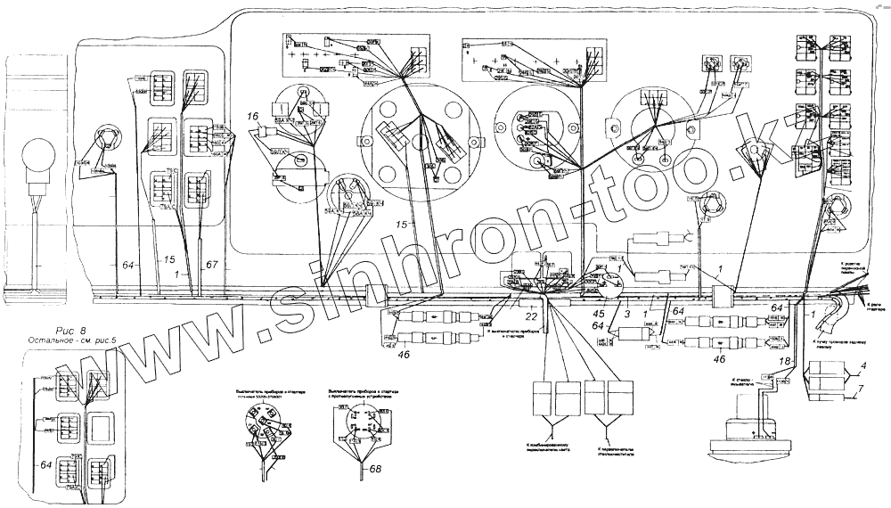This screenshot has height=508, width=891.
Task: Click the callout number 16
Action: pos(254,116)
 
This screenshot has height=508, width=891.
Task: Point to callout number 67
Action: pos(211,265)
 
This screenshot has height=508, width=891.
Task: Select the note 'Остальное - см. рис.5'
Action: pos(78,342)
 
